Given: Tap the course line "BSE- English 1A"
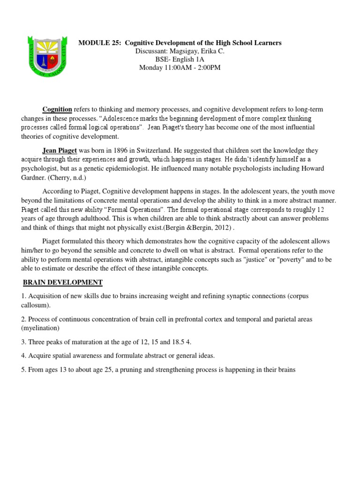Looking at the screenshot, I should (x=180, y=60).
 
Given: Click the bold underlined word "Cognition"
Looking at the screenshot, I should (x=57, y=109).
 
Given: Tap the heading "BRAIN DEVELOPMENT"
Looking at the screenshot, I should (x=63, y=283).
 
